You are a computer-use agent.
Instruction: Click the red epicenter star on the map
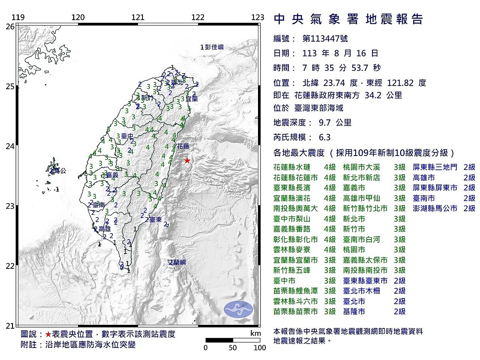tap(187, 160)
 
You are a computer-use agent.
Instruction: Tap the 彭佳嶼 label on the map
tap(214, 47)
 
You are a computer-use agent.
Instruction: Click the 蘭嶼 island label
tap(179, 262)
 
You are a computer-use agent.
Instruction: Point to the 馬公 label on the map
tap(60, 171)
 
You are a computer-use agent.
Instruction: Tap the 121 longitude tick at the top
tap(138, 17)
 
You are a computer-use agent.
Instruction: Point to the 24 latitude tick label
tap(11, 146)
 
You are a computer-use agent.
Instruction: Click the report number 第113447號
tap(325, 38)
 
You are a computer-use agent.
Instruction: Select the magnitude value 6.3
tap(325, 137)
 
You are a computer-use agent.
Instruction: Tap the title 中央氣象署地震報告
tap(348, 19)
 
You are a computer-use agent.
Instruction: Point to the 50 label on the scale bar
tap(233, 348)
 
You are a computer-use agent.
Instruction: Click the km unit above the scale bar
tap(256, 333)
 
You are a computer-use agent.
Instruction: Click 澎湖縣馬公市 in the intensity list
tap(435, 208)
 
